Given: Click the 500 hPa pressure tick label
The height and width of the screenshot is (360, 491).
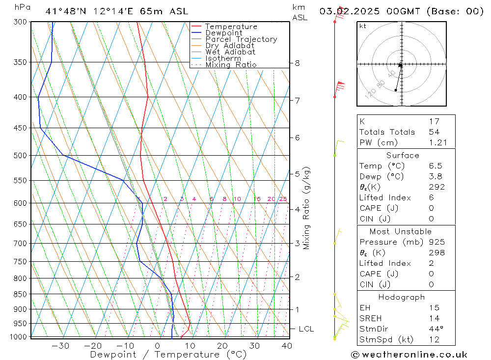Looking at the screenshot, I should [20, 156].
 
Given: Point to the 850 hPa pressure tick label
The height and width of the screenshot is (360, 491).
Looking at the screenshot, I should [20, 295].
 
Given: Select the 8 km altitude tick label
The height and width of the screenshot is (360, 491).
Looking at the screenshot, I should [297, 63].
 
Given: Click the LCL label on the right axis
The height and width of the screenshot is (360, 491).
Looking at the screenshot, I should [306, 329].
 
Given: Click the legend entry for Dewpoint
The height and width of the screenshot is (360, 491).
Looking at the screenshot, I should [224, 33].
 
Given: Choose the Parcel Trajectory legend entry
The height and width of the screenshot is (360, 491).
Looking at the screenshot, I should [241, 39].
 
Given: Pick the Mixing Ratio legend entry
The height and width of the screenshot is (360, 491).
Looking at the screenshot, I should [231, 65].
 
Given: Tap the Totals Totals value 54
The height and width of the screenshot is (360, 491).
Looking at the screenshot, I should [434, 132].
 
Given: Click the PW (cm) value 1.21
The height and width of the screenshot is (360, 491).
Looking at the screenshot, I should [437, 143].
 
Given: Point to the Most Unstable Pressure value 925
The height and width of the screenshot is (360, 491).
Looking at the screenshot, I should [436, 242].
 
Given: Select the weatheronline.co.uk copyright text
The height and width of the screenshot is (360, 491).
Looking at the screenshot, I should [409, 355].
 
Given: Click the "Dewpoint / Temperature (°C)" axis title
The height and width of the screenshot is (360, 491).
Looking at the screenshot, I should [168, 355].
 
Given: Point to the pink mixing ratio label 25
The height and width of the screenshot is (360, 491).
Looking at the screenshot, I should [283, 199].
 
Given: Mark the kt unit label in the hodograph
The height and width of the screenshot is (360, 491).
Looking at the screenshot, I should [362, 26].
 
